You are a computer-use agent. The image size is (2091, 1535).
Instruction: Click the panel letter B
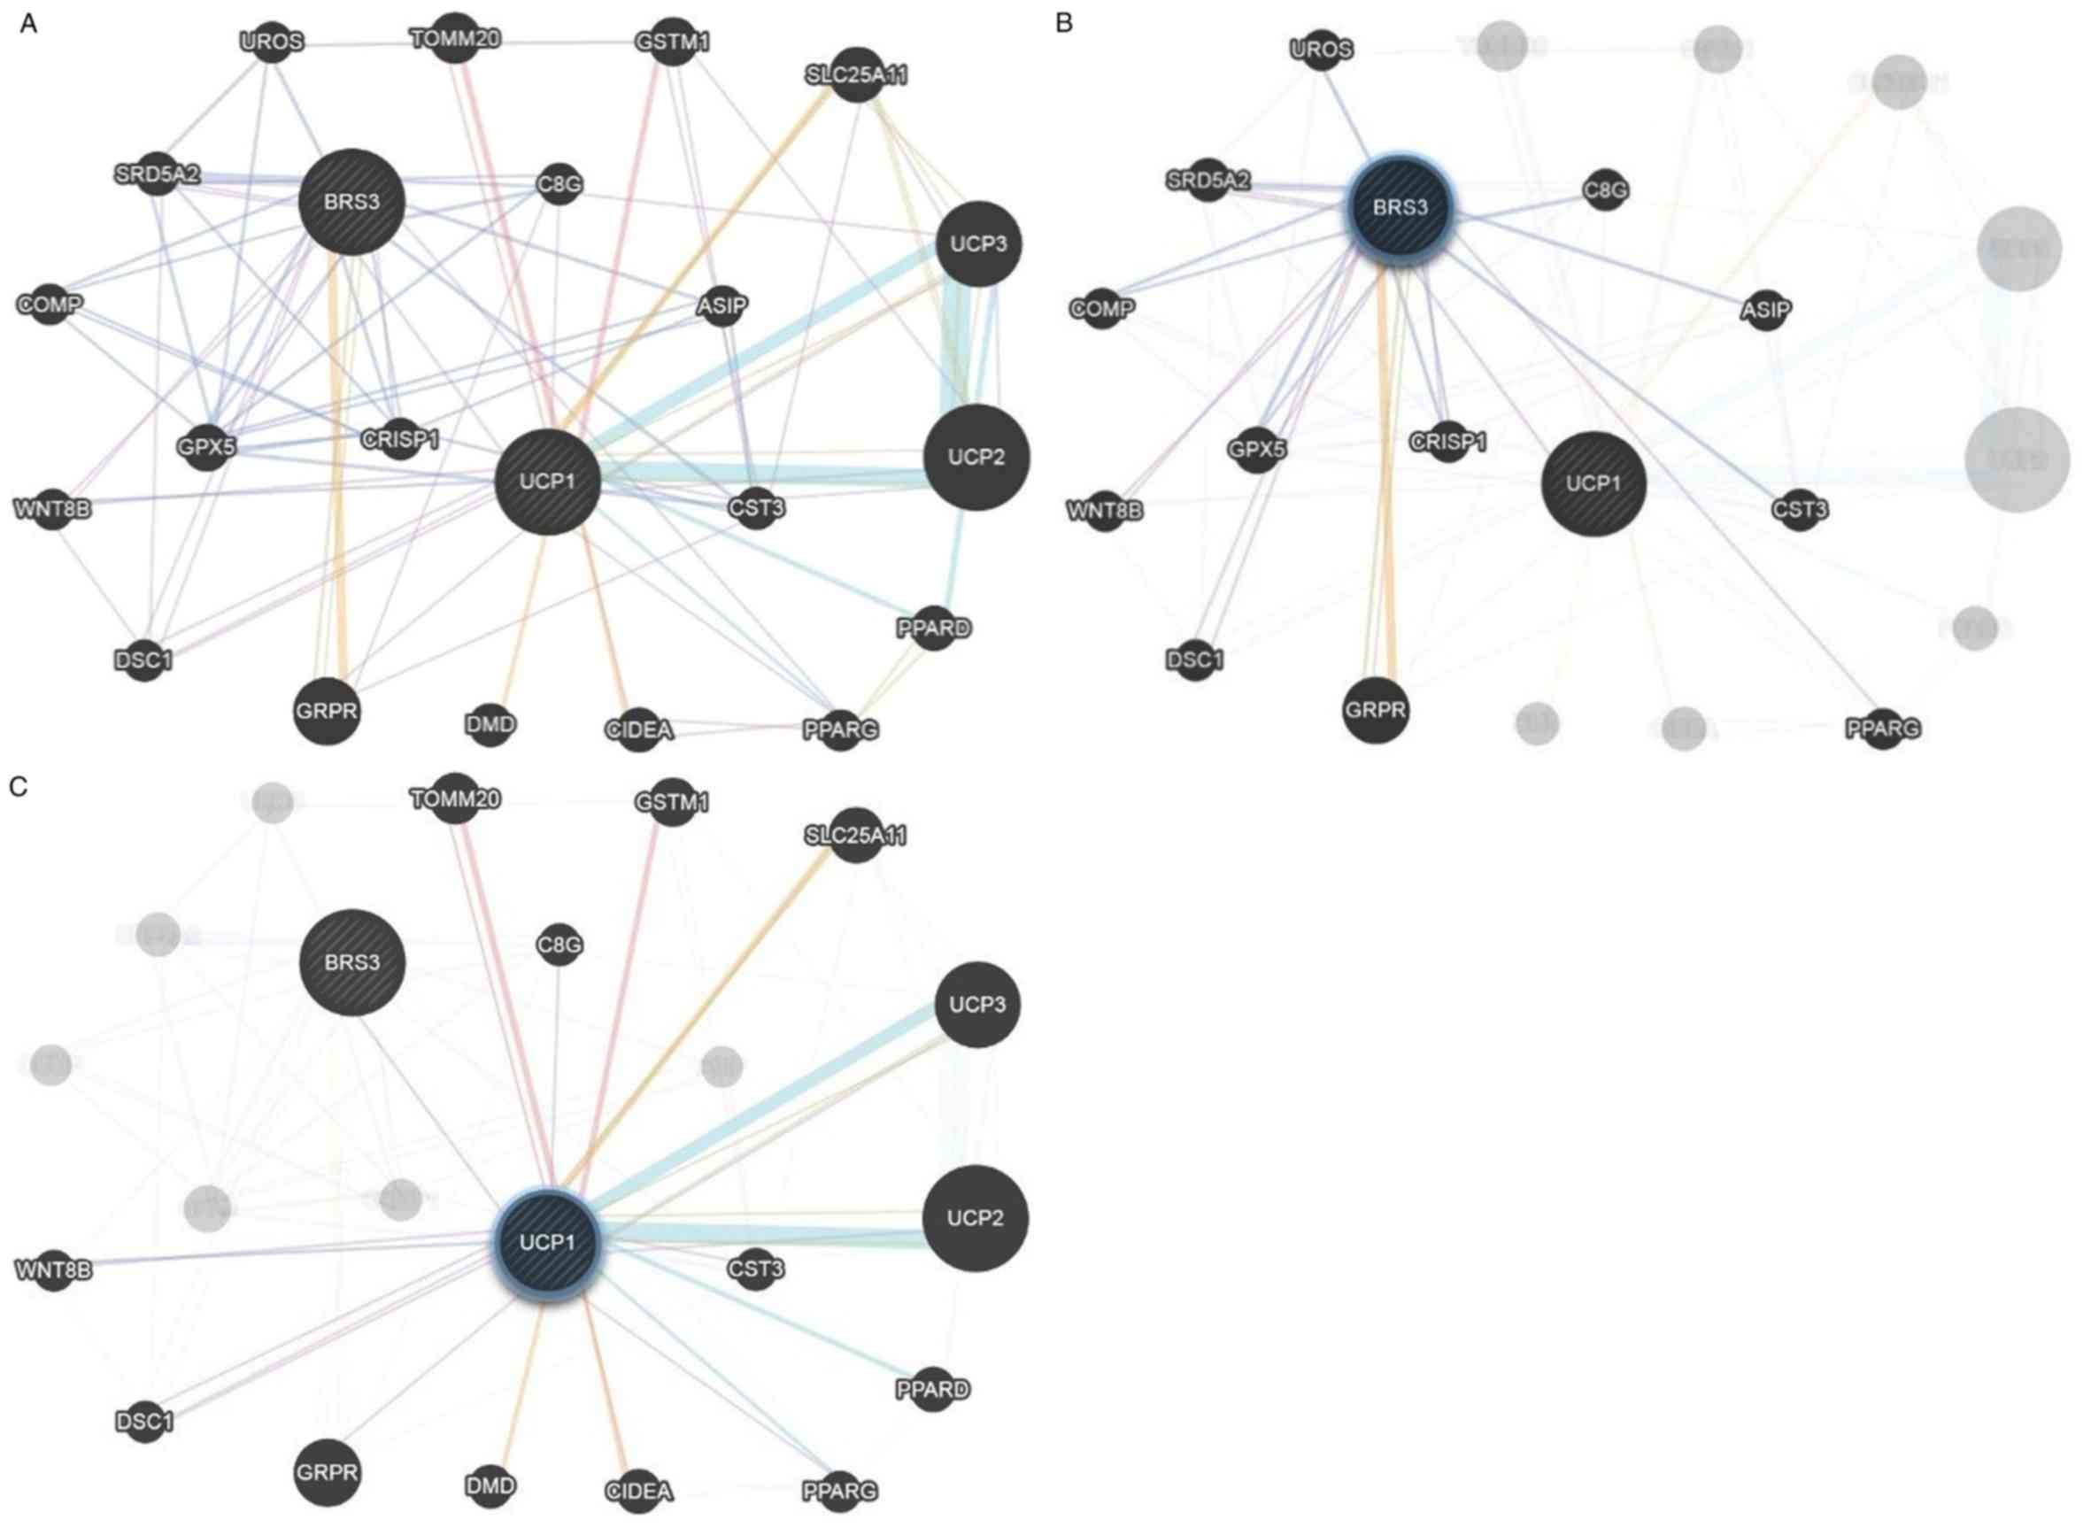pos(1064,23)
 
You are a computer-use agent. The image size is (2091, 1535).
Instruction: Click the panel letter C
pos(19,787)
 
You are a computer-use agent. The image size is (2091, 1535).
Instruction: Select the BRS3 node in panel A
pos(351,202)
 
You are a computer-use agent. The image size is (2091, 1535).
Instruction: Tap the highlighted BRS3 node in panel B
pos(1400,206)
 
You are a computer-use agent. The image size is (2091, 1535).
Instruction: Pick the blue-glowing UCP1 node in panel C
pos(547,1242)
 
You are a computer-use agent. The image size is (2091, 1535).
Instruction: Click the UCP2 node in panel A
pos(976,457)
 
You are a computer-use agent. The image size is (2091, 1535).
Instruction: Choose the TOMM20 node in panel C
pos(455,798)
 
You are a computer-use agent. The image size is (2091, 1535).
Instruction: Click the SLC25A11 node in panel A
pos(856,74)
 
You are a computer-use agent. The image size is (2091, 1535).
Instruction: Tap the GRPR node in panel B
pos(1376,711)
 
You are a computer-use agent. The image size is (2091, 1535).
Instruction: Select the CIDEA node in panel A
pos(638,729)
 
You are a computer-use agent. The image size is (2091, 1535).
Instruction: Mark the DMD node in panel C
pos(490,1485)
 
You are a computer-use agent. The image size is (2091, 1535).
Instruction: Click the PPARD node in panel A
pos(934,629)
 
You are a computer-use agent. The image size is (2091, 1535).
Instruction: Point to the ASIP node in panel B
pos(1765,310)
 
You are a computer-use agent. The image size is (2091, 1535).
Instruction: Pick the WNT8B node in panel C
pos(54,1269)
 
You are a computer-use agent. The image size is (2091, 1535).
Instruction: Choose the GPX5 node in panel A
pos(206,447)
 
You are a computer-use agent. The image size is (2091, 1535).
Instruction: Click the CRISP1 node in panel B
pos(1447,442)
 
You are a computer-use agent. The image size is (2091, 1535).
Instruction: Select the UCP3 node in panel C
pos(976,1005)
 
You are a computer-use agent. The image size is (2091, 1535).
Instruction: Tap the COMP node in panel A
pos(50,304)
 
